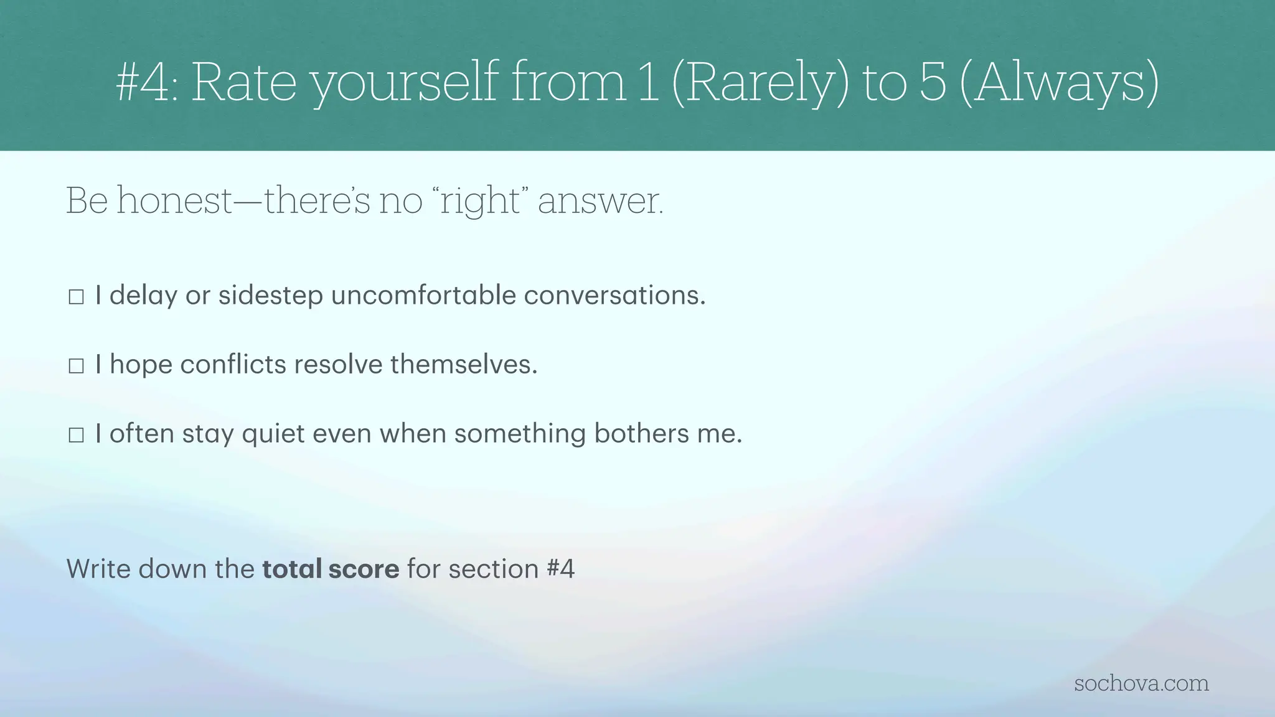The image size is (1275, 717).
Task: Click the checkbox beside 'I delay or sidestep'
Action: (76, 297)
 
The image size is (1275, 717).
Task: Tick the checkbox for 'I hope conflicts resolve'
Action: (76, 366)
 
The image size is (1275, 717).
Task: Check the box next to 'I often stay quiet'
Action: (76, 435)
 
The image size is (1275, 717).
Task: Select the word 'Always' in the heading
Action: (1060, 84)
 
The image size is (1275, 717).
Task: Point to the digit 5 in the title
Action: (933, 84)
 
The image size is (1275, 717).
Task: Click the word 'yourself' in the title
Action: (405, 84)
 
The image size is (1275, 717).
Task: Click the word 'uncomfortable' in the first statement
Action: (423, 295)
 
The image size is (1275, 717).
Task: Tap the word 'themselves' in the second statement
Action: (463, 364)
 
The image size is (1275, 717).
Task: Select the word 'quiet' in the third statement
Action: (273, 434)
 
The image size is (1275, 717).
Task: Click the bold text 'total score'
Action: (331, 569)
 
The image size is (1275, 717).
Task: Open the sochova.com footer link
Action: (1141, 683)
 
